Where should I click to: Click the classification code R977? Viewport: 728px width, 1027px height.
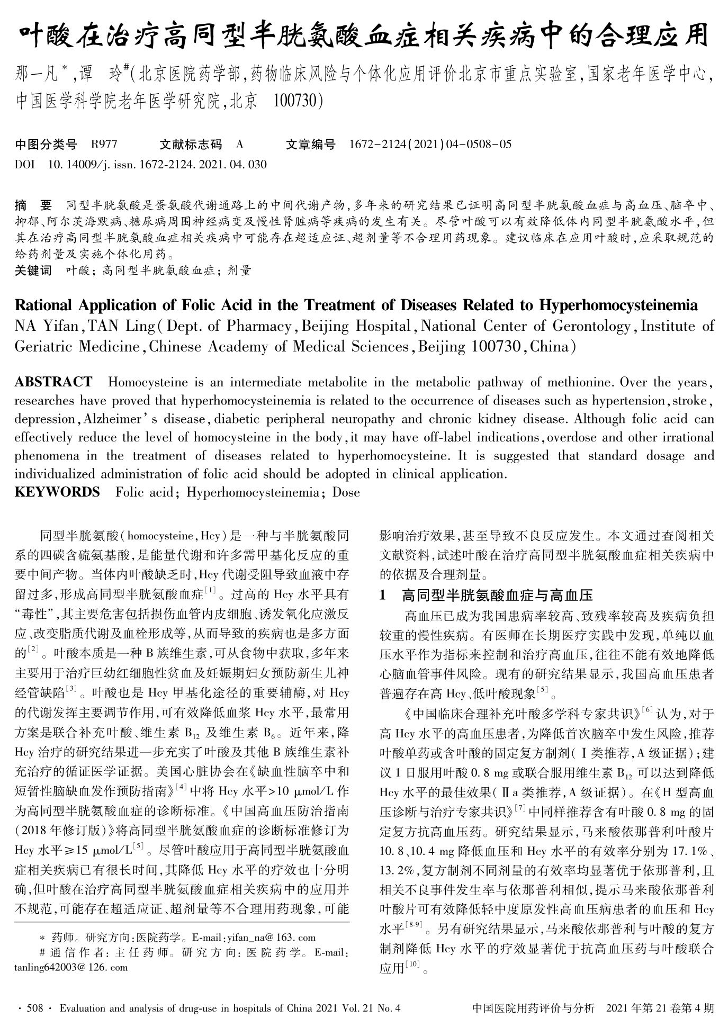(104, 145)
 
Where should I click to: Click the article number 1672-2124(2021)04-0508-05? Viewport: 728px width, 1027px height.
(430, 145)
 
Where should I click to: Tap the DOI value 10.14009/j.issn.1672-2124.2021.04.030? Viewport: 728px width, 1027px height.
(157, 165)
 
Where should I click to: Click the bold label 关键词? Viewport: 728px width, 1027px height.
(33, 271)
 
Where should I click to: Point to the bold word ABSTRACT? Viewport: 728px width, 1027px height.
(53, 382)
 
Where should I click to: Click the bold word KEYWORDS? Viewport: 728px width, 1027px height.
(57, 492)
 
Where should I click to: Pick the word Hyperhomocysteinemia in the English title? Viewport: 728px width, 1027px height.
(618, 306)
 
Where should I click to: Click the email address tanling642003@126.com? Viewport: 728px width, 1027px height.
(71, 967)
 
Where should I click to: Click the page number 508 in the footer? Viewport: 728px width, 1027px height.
(34, 1008)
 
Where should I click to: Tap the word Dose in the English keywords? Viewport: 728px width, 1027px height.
(346, 492)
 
